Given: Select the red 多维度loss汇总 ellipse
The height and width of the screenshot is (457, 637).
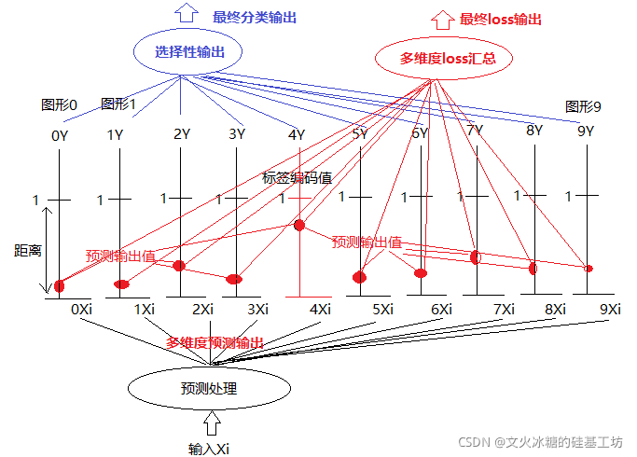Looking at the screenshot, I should (435, 58).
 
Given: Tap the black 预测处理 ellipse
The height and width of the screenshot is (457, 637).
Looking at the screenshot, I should (209, 388).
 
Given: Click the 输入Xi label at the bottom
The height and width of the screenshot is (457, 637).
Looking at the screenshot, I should (210, 449).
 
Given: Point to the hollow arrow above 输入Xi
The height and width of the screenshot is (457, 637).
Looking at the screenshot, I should (211, 424).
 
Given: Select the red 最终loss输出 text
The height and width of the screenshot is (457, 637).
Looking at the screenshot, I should (500, 19).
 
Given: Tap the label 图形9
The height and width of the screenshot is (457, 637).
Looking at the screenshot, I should (583, 107).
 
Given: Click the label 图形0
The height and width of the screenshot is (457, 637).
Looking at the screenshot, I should (60, 104).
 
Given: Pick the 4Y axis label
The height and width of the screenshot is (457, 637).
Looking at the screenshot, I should (297, 135).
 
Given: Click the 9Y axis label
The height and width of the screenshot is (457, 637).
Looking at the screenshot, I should (585, 132).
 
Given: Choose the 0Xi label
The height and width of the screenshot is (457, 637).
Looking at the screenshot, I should (81, 308).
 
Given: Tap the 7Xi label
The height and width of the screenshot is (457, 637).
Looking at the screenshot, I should (504, 309).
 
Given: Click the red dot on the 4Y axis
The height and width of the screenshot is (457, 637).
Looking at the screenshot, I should (299, 226).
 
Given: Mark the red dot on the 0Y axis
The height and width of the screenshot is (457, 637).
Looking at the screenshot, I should (60, 285).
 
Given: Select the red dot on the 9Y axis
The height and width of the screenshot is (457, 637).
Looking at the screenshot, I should (588, 269).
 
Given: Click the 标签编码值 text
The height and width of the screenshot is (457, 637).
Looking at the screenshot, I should (297, 178).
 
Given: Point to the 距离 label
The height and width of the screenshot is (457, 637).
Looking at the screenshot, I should (27, 250).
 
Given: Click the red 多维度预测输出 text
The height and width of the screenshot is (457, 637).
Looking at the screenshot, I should (215, 343).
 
